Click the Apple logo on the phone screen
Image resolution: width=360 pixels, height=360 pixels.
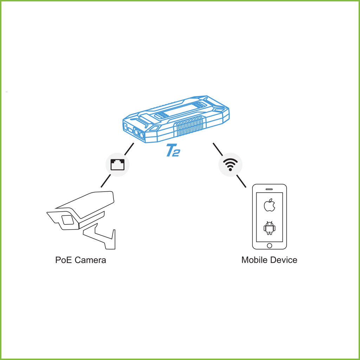[x=270, y=205]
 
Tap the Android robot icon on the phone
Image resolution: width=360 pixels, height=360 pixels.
[x=270, y=228]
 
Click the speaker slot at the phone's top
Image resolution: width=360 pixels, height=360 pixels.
[x=269, y=189]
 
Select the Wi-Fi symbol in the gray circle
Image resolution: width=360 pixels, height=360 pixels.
[x=230, y=165]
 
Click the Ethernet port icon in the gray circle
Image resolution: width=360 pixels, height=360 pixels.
[x=117, y=165]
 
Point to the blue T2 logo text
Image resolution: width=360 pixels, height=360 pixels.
[x=173, y=150]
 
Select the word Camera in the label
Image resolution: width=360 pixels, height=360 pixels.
[x=90, y=260]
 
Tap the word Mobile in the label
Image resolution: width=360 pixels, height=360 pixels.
[x=255, y=260]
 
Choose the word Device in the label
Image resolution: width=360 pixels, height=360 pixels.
[x=284, y=260]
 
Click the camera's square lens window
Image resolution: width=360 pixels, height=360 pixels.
[x=67, y=220]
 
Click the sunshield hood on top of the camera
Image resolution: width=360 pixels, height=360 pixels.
[x=85, y=205]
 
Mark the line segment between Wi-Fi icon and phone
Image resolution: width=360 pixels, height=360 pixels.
[x=241, y=181]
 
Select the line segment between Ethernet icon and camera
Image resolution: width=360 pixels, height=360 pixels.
[x=105, y=181]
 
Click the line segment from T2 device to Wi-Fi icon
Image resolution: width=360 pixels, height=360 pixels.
[x=218, y=149]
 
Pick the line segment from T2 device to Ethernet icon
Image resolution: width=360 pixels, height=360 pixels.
[x=129, y=149]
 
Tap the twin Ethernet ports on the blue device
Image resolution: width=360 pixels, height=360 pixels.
[x=139, y=134]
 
